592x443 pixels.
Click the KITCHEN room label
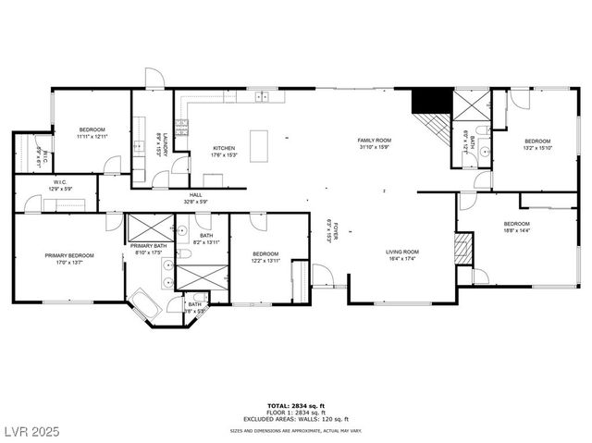(x=224, y=148)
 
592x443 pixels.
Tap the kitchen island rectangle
(x=259, y=146)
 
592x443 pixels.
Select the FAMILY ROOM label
(x=375, y=141)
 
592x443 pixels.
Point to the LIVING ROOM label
(x=402, y=252)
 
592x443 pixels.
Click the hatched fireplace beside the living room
(x=463, y=248)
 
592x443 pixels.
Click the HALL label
(x=196, y=195)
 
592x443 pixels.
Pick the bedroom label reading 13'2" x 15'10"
(x=537, y=147)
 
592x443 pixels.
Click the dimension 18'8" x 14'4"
(x=516, y=230)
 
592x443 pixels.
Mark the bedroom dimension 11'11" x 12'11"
(x=92, y=136)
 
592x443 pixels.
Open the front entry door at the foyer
(x=322, y=275)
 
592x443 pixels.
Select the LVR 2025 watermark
(x=31, y=432)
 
